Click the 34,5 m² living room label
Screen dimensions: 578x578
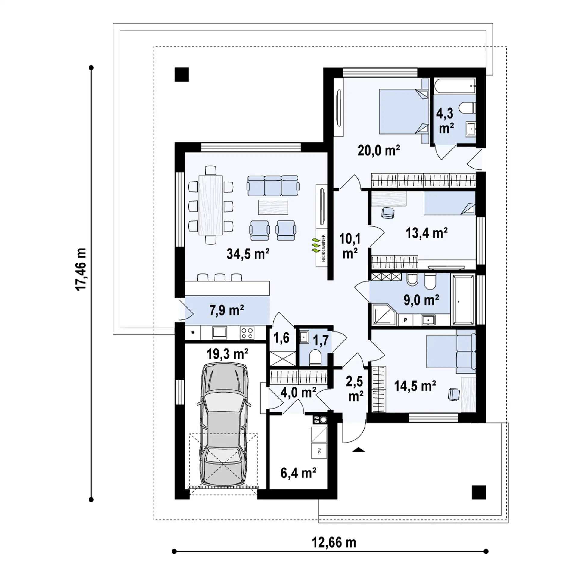(248, 254)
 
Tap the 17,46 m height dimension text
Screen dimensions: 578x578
(81, 269)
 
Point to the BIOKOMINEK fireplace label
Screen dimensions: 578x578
(324, 248)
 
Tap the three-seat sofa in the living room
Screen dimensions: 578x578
(273, 186)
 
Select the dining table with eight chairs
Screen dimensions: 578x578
(211, 205)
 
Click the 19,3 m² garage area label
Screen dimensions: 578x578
(227, 354)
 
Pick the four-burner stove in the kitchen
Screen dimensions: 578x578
(247, 333)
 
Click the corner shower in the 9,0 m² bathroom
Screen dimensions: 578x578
(384, 315)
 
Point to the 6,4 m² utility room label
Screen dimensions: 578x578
(298, 473)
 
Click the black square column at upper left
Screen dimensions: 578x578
(182, 75)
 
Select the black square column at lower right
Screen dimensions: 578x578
(479, 493)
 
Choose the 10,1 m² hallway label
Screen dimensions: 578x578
(350, 246)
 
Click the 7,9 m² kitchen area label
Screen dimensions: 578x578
(226, 310)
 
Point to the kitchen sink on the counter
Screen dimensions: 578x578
(220, 333)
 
